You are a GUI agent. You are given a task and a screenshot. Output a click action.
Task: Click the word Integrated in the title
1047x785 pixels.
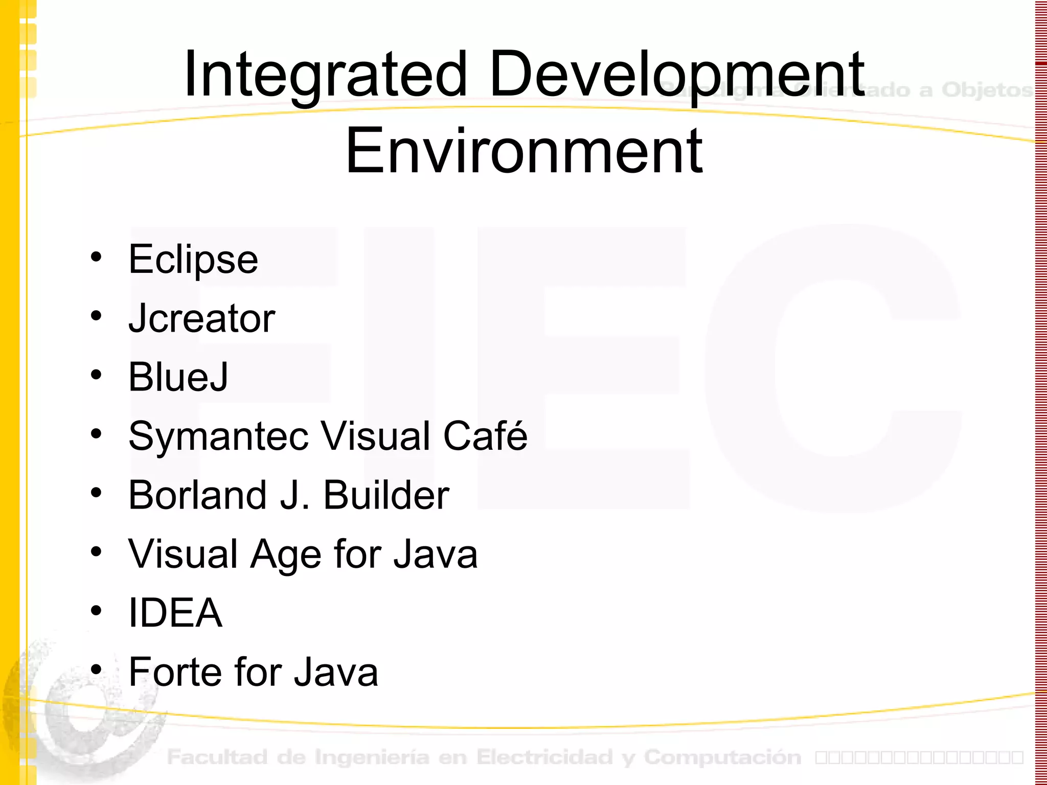pyautogui.click(x=326, y=74)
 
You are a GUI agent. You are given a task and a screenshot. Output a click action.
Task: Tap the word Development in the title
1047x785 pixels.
pyautogui.click(x=677, y=74)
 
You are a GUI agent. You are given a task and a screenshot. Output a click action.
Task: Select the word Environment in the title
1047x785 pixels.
pyautogui.click(x=524, y=151)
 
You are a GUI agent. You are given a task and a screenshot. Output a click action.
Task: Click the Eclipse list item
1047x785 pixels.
pyautogui.click(x=193, y=260)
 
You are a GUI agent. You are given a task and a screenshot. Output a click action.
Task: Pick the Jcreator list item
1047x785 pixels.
pyautogui.click(x=202, y=318)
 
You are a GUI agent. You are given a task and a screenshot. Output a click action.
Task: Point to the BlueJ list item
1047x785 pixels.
pyautogui.click(x=178, y=377)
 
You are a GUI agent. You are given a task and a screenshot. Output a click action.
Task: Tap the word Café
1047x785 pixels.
pyautogui.click(x=485, y=435)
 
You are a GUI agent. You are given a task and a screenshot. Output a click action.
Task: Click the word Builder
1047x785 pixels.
pyautogui.click(x=386, y=495)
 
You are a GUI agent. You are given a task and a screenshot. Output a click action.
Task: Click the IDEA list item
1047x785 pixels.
pyautogui.click(x=175, y=613)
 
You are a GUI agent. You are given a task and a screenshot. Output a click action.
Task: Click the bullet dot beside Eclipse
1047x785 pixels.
pyautogui.click(x=96, y=257)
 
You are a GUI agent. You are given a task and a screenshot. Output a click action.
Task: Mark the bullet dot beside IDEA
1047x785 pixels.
pyautogui.click(x=96, y=610)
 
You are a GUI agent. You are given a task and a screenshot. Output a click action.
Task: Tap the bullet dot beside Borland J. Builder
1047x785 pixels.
pyautogui.click(x=96, y=493)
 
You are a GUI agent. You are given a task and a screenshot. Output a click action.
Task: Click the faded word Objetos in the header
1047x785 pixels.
pyautogui.click(x=987, y=90)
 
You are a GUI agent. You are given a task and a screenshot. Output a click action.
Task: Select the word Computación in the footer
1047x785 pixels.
pyautogui.click(x=722, y=757)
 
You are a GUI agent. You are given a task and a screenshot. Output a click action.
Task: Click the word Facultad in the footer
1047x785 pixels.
pyautogui.click(x=217, y=757)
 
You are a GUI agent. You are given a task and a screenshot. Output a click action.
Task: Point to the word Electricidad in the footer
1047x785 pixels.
pyautogui.click(x=544, y=757)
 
